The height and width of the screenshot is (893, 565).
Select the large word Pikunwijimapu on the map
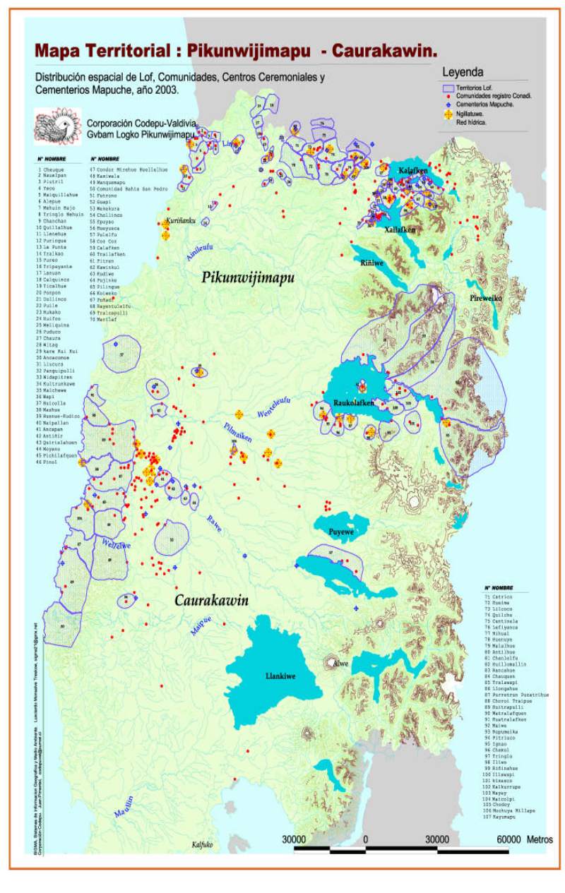[248, 277]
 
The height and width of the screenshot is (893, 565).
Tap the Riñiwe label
[371, 262]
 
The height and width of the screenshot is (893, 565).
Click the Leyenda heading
[462, 71]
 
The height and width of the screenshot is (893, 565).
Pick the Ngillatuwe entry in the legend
[474, 113]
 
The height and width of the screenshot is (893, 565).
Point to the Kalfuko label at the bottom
[202, 844]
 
